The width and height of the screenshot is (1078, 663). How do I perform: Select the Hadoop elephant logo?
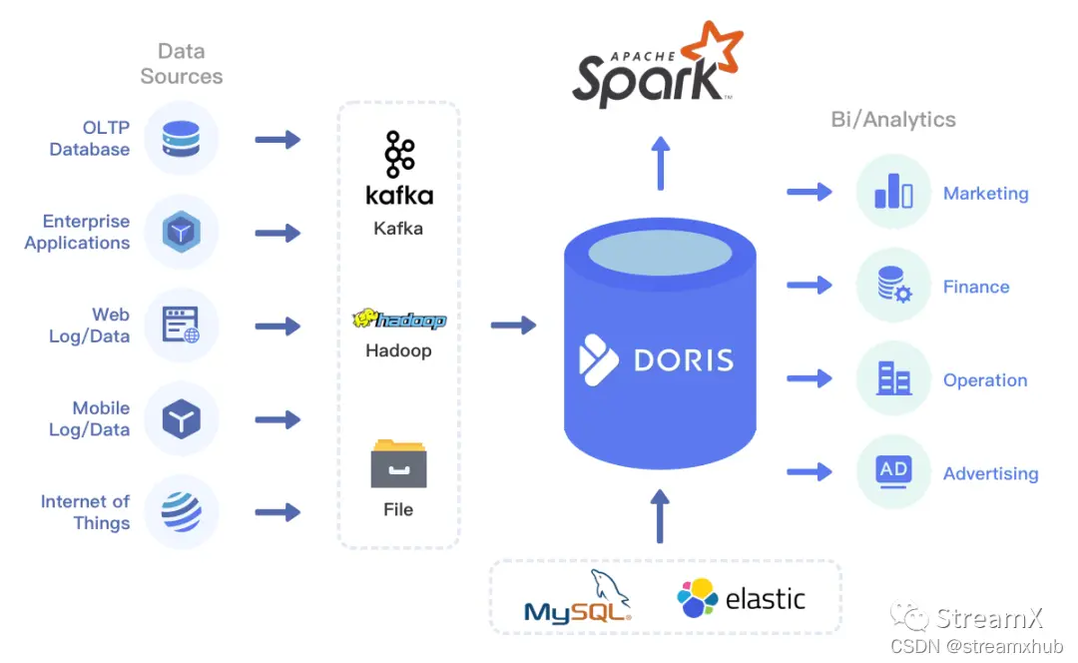pos(398,320)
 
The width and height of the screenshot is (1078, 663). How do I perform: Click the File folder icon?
pos(398,463)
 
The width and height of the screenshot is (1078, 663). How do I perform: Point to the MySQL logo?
pos(578,598)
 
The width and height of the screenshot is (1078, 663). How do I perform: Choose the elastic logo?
pos(741,598)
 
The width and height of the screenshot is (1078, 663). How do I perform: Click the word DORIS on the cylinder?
pos(684,359)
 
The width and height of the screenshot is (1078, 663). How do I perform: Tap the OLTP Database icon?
pos(181,140)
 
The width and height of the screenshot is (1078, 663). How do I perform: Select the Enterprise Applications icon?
pos(181,233)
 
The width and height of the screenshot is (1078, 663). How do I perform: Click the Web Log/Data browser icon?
pos(181,326)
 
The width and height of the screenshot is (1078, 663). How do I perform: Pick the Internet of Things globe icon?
pos(181,512)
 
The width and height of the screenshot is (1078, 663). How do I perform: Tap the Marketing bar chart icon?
pos(893,192)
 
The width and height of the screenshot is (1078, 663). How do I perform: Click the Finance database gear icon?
pos(893,285)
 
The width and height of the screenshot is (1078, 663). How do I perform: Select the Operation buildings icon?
pos(893,378)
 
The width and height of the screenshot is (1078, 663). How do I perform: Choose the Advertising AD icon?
pos(893,471)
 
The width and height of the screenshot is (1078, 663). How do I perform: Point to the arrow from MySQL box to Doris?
pos(660,515)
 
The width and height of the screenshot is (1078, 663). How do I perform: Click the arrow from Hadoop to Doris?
pos(513,325)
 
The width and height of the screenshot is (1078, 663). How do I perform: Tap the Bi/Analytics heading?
pos(893,120)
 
